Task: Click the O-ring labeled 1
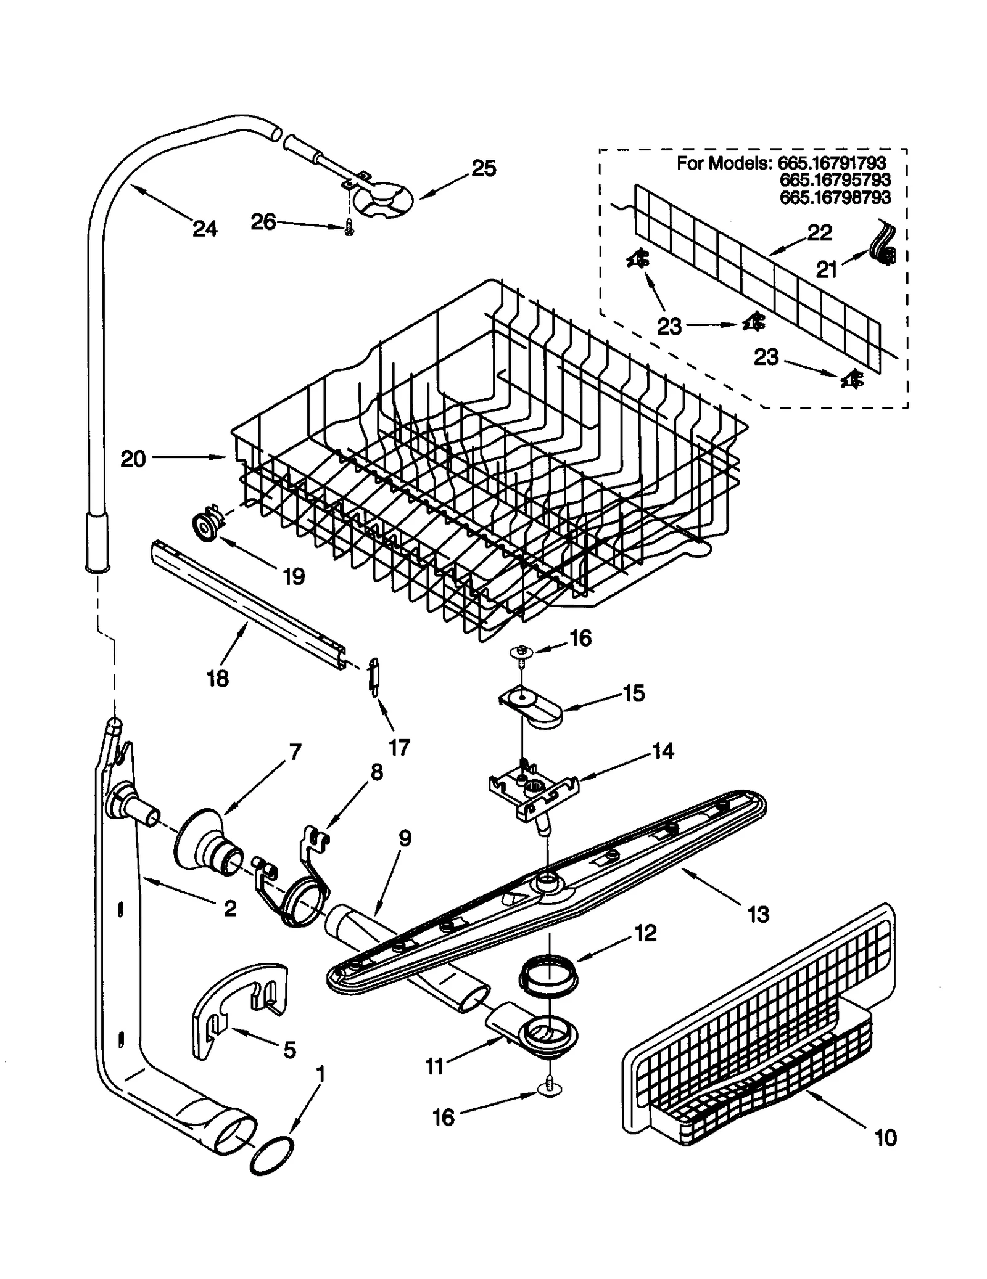click(271, 1157)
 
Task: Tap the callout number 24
click(205, 229)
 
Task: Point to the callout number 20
click(133, 458)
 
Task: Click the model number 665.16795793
click(835, 180)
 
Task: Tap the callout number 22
click(819, 232)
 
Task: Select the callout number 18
click(217, 679)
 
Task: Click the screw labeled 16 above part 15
click(522, 655)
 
